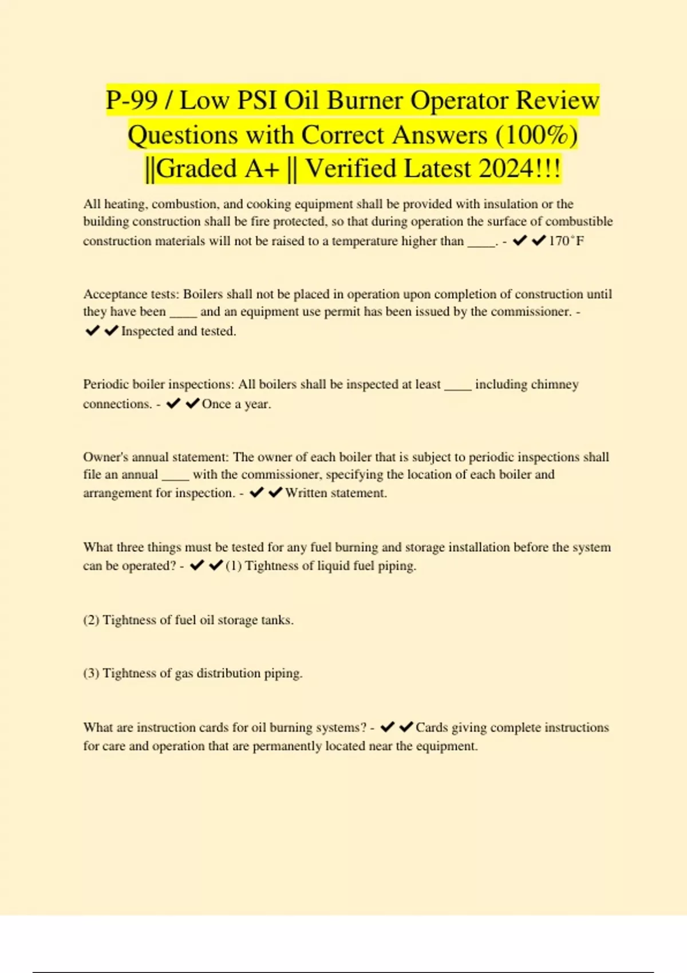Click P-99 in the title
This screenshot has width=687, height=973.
click(132, 101)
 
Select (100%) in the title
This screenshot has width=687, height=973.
click(536, 136)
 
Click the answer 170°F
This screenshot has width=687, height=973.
click(566, 241)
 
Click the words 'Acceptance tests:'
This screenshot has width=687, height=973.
click(131, 294)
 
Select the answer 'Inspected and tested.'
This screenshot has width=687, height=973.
click(179, 331)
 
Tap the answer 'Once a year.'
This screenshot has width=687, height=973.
click(236, 404)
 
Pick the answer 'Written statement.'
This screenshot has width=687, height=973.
click(336, 493)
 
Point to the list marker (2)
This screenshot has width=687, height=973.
click(91, 620)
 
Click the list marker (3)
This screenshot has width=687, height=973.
click(91, 674)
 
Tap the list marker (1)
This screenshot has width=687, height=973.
click(234, 566)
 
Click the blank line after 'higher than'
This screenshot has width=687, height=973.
click(481, 243)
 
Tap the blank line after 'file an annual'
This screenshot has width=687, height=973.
click(175, 476)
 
